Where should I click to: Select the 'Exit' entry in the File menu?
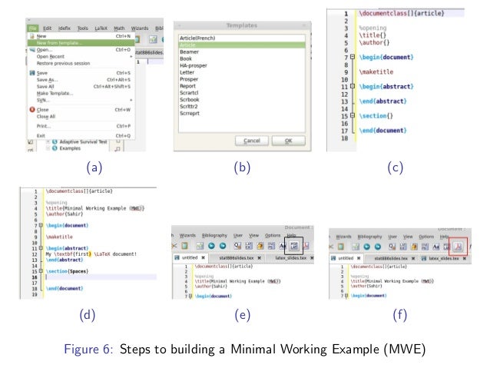(x=41, y=135)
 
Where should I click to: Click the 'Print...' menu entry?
(x=44, y=125)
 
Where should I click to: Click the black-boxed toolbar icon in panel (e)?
(x=293, y=247)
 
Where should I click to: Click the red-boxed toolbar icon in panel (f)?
(x=458, y=247)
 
